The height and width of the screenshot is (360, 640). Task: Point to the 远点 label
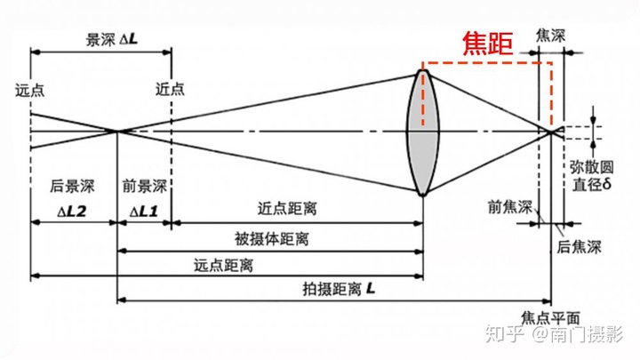(x=29, y=89)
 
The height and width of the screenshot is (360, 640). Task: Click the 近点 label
(x=170, y=89)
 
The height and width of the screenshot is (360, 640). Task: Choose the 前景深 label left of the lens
(x=145, y=187)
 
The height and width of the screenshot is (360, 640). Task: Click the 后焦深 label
(x=576, y=248)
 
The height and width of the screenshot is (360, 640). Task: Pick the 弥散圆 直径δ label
(x=589, y=176)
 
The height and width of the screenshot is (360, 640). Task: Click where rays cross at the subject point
(x=118, y=131)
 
